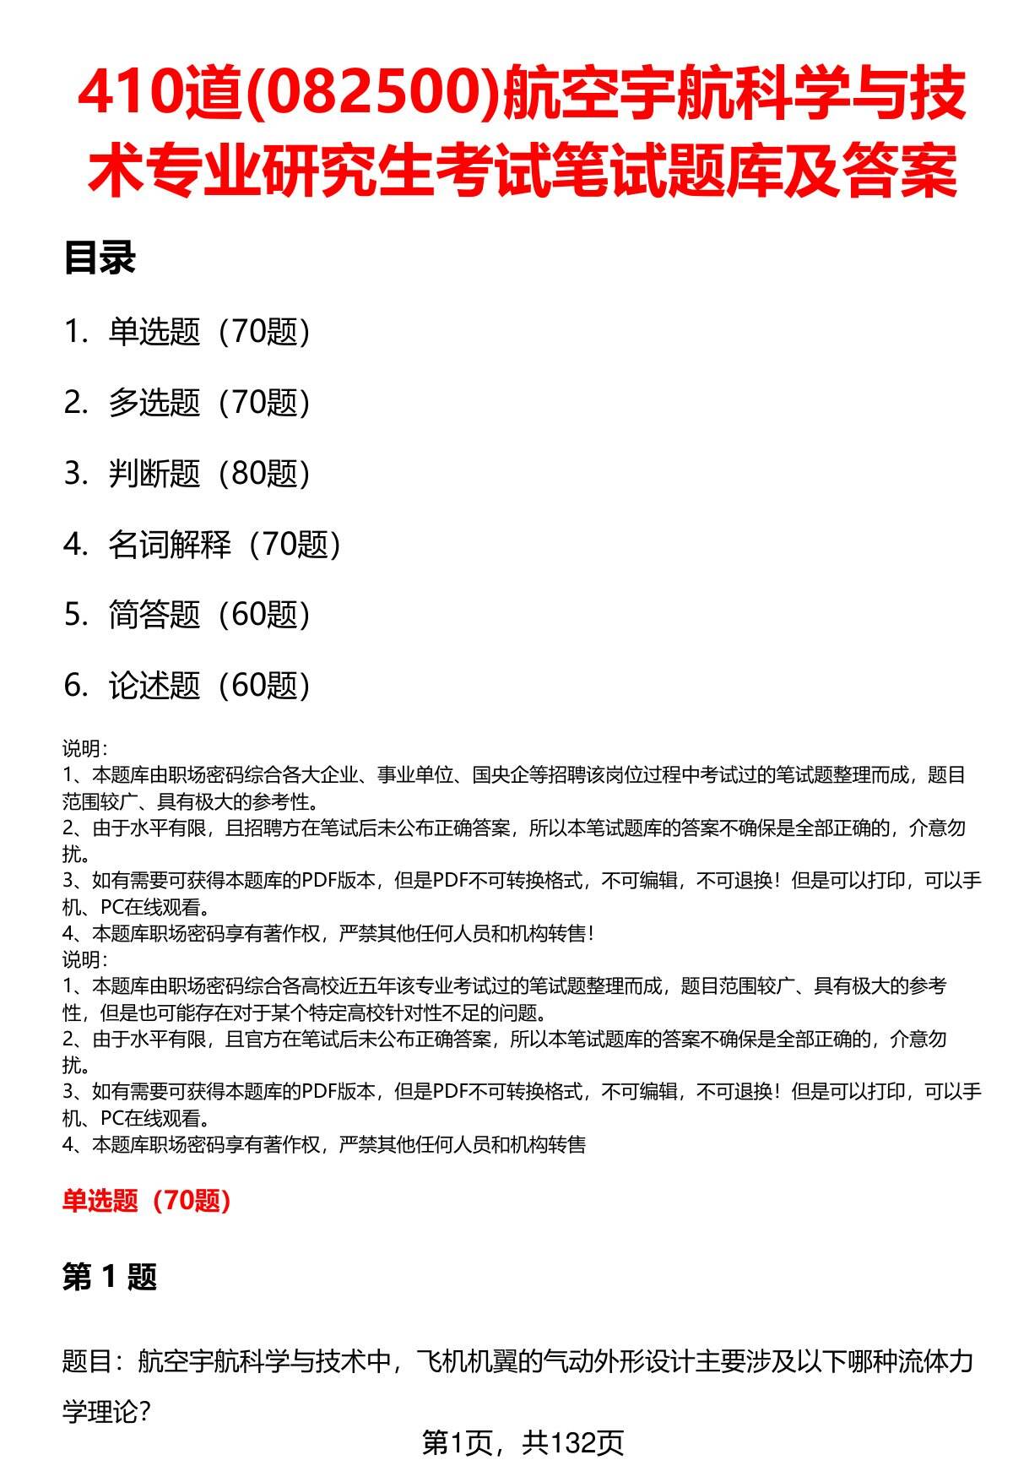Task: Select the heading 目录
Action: (100, 258)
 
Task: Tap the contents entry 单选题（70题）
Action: (209, 332)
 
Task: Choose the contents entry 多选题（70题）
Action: (209, 403)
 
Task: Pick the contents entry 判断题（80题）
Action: (209, 474)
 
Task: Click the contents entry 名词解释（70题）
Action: (225, 545)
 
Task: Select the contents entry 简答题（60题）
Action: (209, 615)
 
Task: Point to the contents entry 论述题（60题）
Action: (209, 686)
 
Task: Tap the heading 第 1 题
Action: (110, 1277)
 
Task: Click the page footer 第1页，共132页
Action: (523, 1443)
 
